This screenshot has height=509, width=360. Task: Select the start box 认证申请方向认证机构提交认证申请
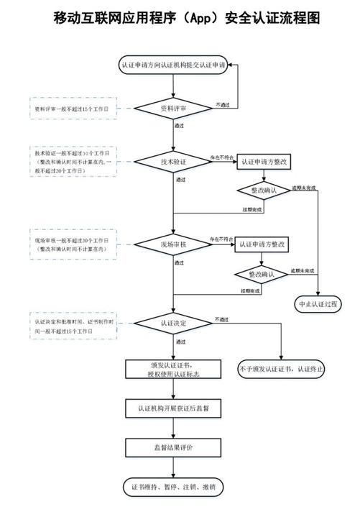click(x=172, y=65)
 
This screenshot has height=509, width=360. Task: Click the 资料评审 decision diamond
click(x=172, y=109)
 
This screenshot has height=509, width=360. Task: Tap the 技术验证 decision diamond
click(x=172, y=162)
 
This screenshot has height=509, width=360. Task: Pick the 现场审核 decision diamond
click(x=172, y=244)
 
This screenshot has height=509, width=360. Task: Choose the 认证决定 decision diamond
click(x=172, y=323)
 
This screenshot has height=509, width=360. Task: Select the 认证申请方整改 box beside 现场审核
click(x=263, y=244)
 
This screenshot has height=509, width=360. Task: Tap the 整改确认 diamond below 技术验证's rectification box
click(x=264, y=191)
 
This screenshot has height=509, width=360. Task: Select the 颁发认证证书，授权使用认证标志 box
click(x=172, y=369)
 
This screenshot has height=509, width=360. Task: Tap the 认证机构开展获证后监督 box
click(x=172, y=408)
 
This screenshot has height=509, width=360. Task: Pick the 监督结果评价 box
click(x=172, y=447)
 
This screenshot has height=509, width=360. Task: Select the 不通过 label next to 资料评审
click(x=223, y=105)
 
